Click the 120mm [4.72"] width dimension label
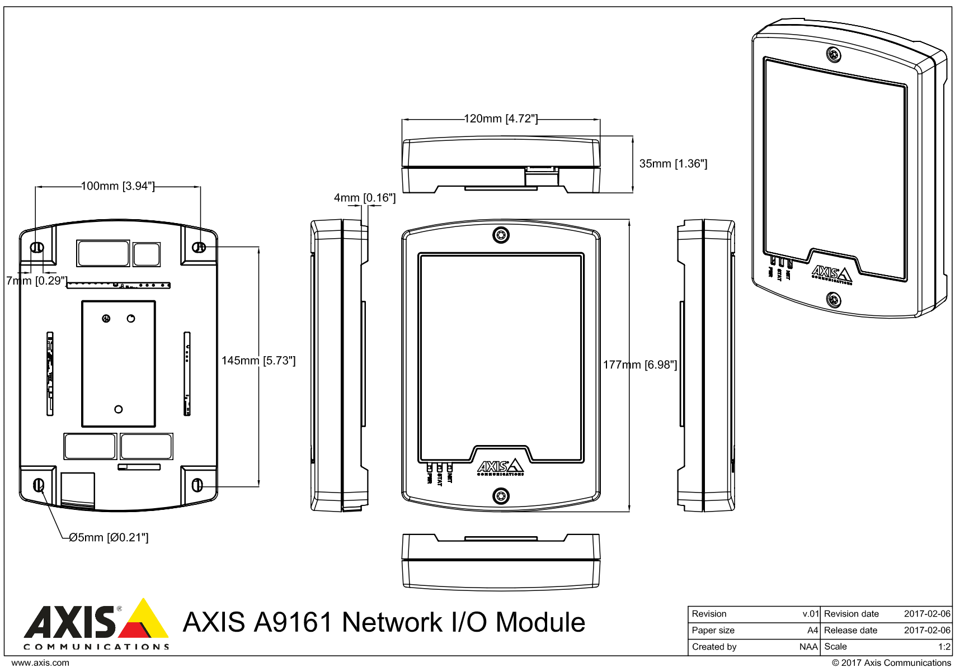pos(501,119)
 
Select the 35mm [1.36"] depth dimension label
pos(673,164)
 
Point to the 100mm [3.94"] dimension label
pos(117,186)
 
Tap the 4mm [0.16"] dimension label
pos(365,198)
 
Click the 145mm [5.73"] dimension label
pos(258,361)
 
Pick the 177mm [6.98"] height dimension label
pos(640,365)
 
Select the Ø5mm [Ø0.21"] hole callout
pos(109,538)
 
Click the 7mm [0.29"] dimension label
pos(37,281)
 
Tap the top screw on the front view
pos(501,235)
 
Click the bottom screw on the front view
pos(501,496)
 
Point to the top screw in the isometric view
pos(834,55)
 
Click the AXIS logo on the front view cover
pos(500,467)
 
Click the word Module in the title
pos(540,622)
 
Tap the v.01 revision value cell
pos(810,614)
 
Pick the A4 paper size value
pos(812,630)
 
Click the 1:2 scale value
pos(944,647)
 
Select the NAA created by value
pos(808,647)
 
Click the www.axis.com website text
pos(40,663)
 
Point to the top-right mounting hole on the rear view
pos(199,247)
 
